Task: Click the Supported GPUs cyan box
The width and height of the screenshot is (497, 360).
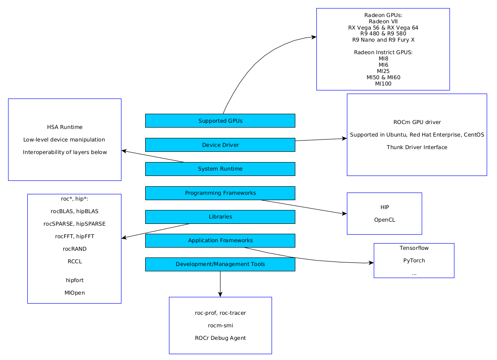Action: click(x=220, y=120)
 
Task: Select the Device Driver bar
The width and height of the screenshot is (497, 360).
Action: click(x=220, y=145)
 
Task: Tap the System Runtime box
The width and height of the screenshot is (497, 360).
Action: click(x=220, y=169)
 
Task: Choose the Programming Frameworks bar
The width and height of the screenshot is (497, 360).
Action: click(x=220, y=193)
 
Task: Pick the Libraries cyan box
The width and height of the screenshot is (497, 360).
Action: click(x=220, y=217)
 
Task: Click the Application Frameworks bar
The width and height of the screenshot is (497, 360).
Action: click(x=220, y=240)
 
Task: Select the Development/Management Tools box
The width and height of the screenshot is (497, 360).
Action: click(x=220, y=264)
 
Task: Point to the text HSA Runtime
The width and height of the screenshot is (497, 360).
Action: click(x=65, y=127)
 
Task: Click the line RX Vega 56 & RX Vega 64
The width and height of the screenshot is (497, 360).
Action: click(x=383, y=28)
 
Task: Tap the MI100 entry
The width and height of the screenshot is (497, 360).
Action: click(x=383, y=84)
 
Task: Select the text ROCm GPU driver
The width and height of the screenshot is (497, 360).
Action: click(x=417, y=122)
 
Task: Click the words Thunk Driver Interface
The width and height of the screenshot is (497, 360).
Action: click(x=417, y=147)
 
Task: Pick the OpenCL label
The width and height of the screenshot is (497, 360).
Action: click(x=385, y=220)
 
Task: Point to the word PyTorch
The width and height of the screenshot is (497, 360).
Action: click(x=414, y=261)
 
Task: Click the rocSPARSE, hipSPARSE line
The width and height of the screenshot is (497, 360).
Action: click(x=74, y=224)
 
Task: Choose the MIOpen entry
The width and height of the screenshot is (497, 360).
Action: click(x=74, y=293)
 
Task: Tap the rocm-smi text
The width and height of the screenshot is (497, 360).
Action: click(x=220, y=326)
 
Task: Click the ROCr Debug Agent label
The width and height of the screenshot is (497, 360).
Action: click(x=220, y=338)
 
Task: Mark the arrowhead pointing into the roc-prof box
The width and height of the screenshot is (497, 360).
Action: click(x=220, y=295)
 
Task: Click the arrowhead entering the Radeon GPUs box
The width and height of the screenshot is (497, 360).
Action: click(x=314, y=37)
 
